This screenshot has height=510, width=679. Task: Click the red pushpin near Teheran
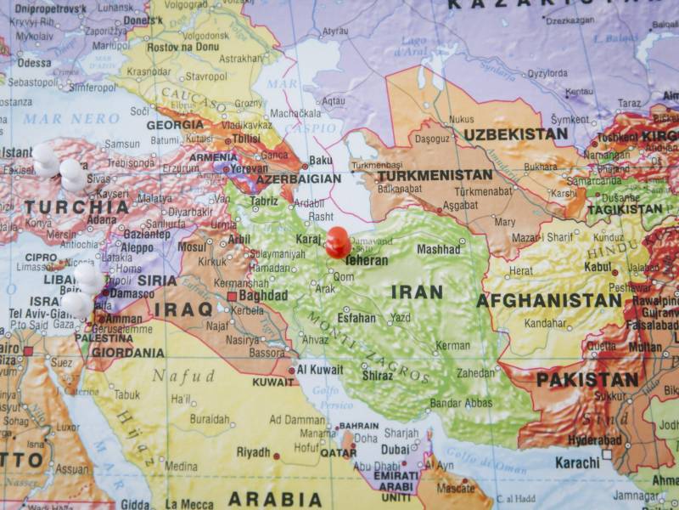click(337, 241)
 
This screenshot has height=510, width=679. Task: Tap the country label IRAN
click(417, 292)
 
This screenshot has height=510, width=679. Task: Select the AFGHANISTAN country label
click(549, 301)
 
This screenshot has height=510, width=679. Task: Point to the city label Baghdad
click(263, 296)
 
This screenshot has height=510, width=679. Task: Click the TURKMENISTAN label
click(435, 175)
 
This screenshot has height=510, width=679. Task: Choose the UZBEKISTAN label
click(515, 134)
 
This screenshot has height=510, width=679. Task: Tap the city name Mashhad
click(438, 250)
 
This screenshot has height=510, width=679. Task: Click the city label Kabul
click(598, 267)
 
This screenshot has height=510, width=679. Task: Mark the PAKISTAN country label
click(586, 380)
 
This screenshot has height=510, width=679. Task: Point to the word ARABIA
click(274, 499)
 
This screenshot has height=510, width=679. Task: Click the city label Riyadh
click(253, 452)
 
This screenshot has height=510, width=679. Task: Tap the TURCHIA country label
click(76, 207)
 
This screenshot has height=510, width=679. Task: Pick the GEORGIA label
click(175, 125)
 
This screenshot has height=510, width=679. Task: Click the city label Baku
click(321, 159)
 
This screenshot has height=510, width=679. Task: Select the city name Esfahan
click(356, 318)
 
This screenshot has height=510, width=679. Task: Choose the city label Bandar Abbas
click(463, 403)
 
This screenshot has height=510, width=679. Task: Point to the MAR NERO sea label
click(59, 118)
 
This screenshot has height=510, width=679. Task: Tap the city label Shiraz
click(378, 375)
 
